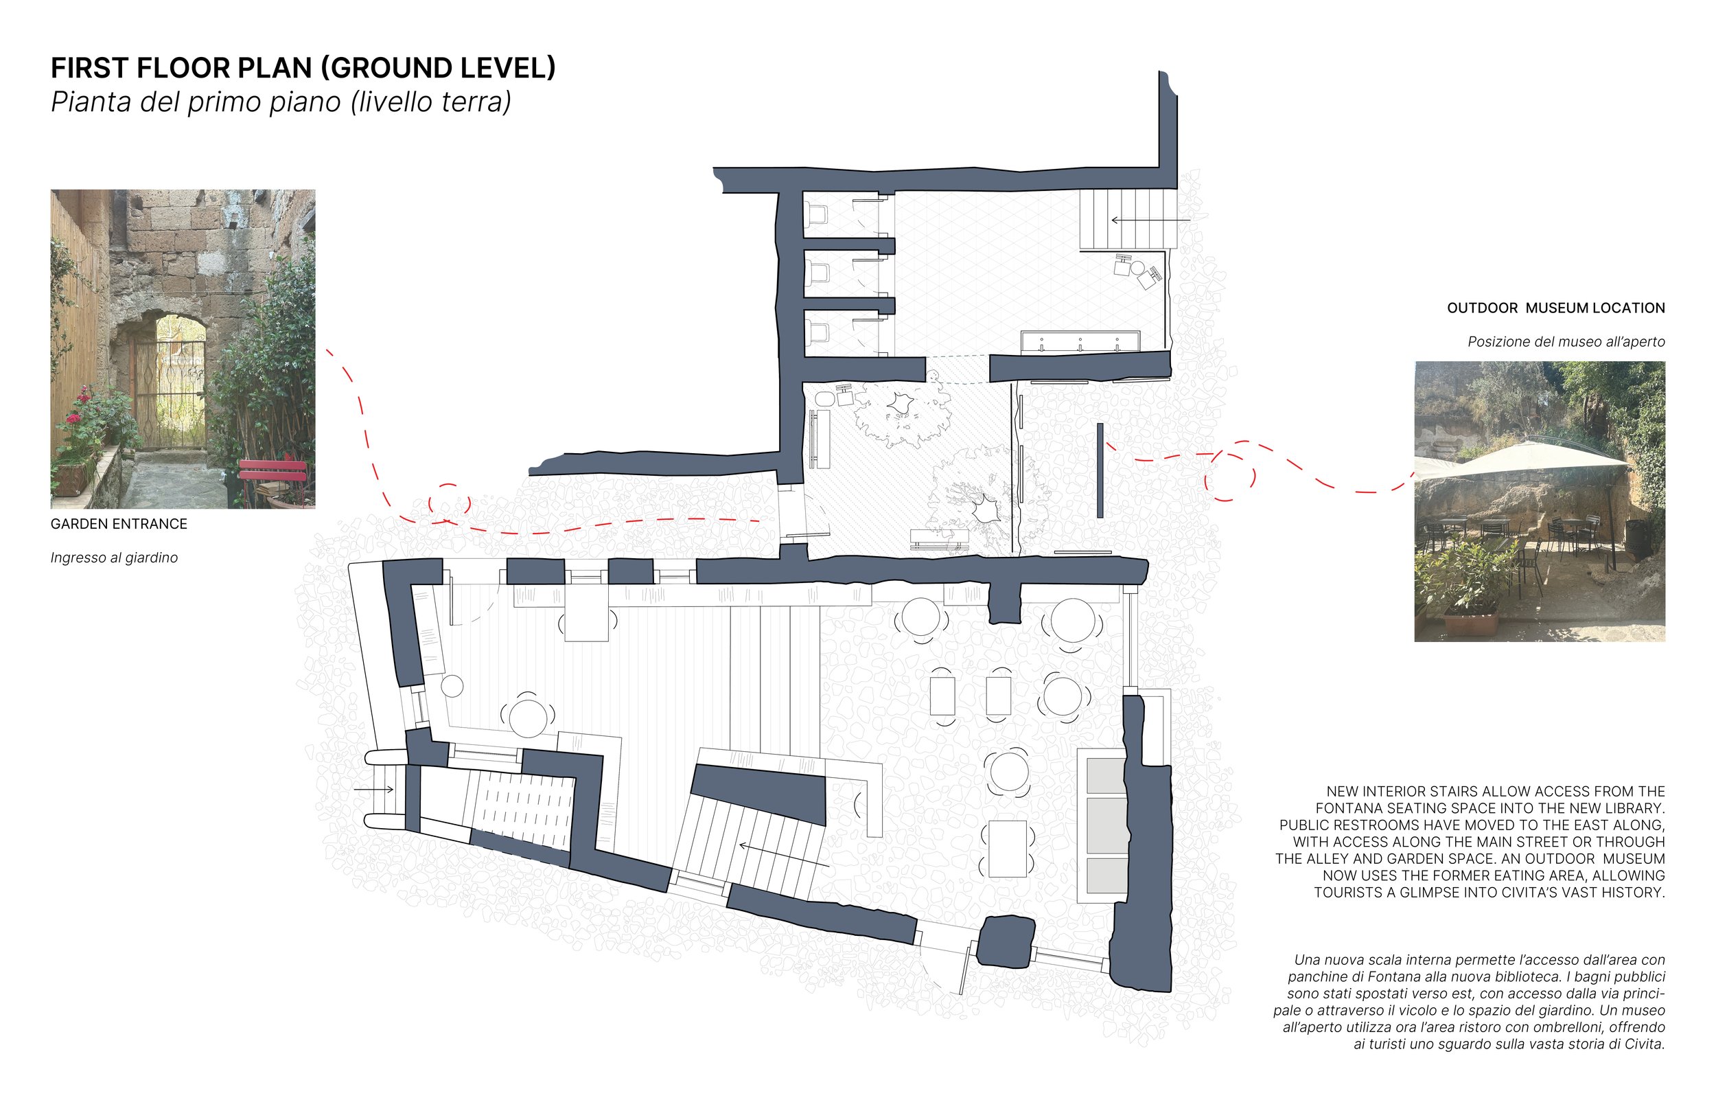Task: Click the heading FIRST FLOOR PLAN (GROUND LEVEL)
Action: tap(303, 68)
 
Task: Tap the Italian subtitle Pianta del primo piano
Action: tap(281, 102)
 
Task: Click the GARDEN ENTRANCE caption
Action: tap(119, 525)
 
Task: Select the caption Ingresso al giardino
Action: tap(114, 558)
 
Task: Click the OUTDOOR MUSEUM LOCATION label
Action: tap(1555, 308)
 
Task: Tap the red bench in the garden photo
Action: tap(273, 472)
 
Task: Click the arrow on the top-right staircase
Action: tap(1150, 219)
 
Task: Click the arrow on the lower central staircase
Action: tap(782, 854)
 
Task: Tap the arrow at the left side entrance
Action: tap(373, 790)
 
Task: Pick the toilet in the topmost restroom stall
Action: tap(818, 214)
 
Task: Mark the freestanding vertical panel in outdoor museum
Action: tap(1100, 470)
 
